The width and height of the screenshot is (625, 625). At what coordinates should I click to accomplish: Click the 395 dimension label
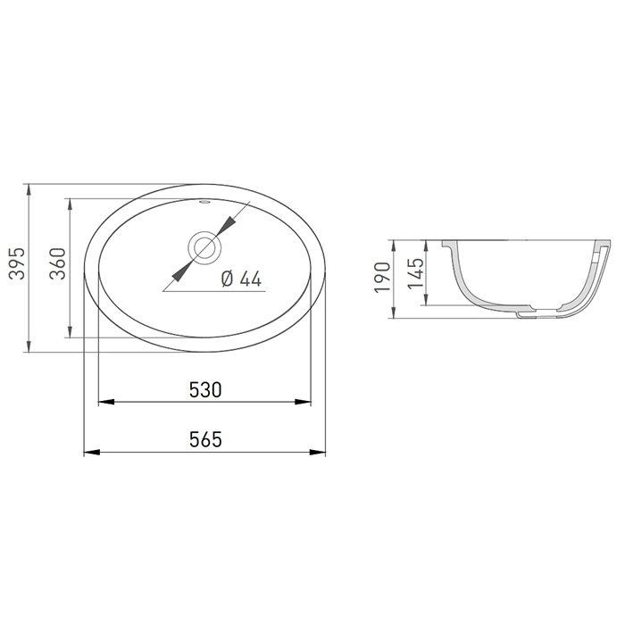[17, 263]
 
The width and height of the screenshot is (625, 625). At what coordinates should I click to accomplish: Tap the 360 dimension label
[57, 263]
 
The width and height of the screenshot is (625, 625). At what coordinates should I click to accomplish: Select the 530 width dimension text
[205, 390]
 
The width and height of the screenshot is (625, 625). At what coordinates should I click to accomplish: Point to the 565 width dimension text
[205, 440]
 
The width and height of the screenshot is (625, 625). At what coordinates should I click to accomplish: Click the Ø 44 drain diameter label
[242, 279]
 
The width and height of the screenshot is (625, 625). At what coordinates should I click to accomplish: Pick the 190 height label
[382, 278]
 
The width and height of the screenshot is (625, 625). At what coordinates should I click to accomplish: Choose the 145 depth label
[415, 273]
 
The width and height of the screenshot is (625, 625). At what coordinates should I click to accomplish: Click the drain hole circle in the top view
[204, 247]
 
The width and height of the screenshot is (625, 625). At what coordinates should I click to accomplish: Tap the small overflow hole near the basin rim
[204, 202]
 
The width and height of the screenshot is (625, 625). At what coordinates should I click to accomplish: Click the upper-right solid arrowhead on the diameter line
[227, 225]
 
